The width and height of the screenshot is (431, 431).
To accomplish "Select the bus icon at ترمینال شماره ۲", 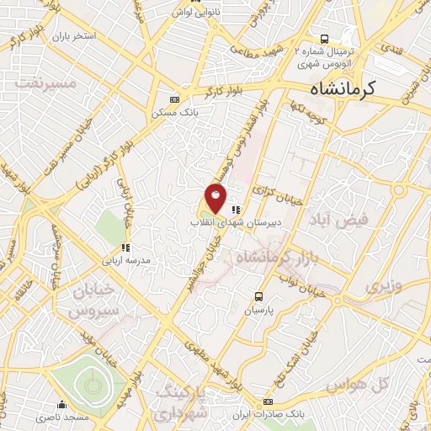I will click(325, 39).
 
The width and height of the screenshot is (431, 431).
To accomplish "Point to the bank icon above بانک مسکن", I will click(175, 98).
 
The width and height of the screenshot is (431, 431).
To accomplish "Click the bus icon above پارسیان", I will click(260, 297).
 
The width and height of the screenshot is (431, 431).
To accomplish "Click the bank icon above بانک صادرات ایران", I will click(269, 402).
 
